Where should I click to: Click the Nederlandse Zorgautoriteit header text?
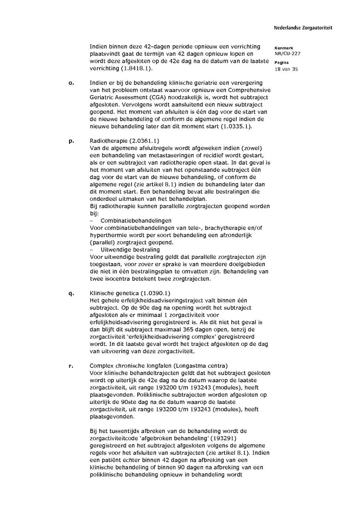(303, 28)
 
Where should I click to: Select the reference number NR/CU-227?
(287, 54)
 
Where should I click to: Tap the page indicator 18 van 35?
(286, 69)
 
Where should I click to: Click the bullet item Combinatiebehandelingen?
(136, 221)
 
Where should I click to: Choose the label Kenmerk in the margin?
(284, 48)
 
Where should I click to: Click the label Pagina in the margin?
(281, 63)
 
